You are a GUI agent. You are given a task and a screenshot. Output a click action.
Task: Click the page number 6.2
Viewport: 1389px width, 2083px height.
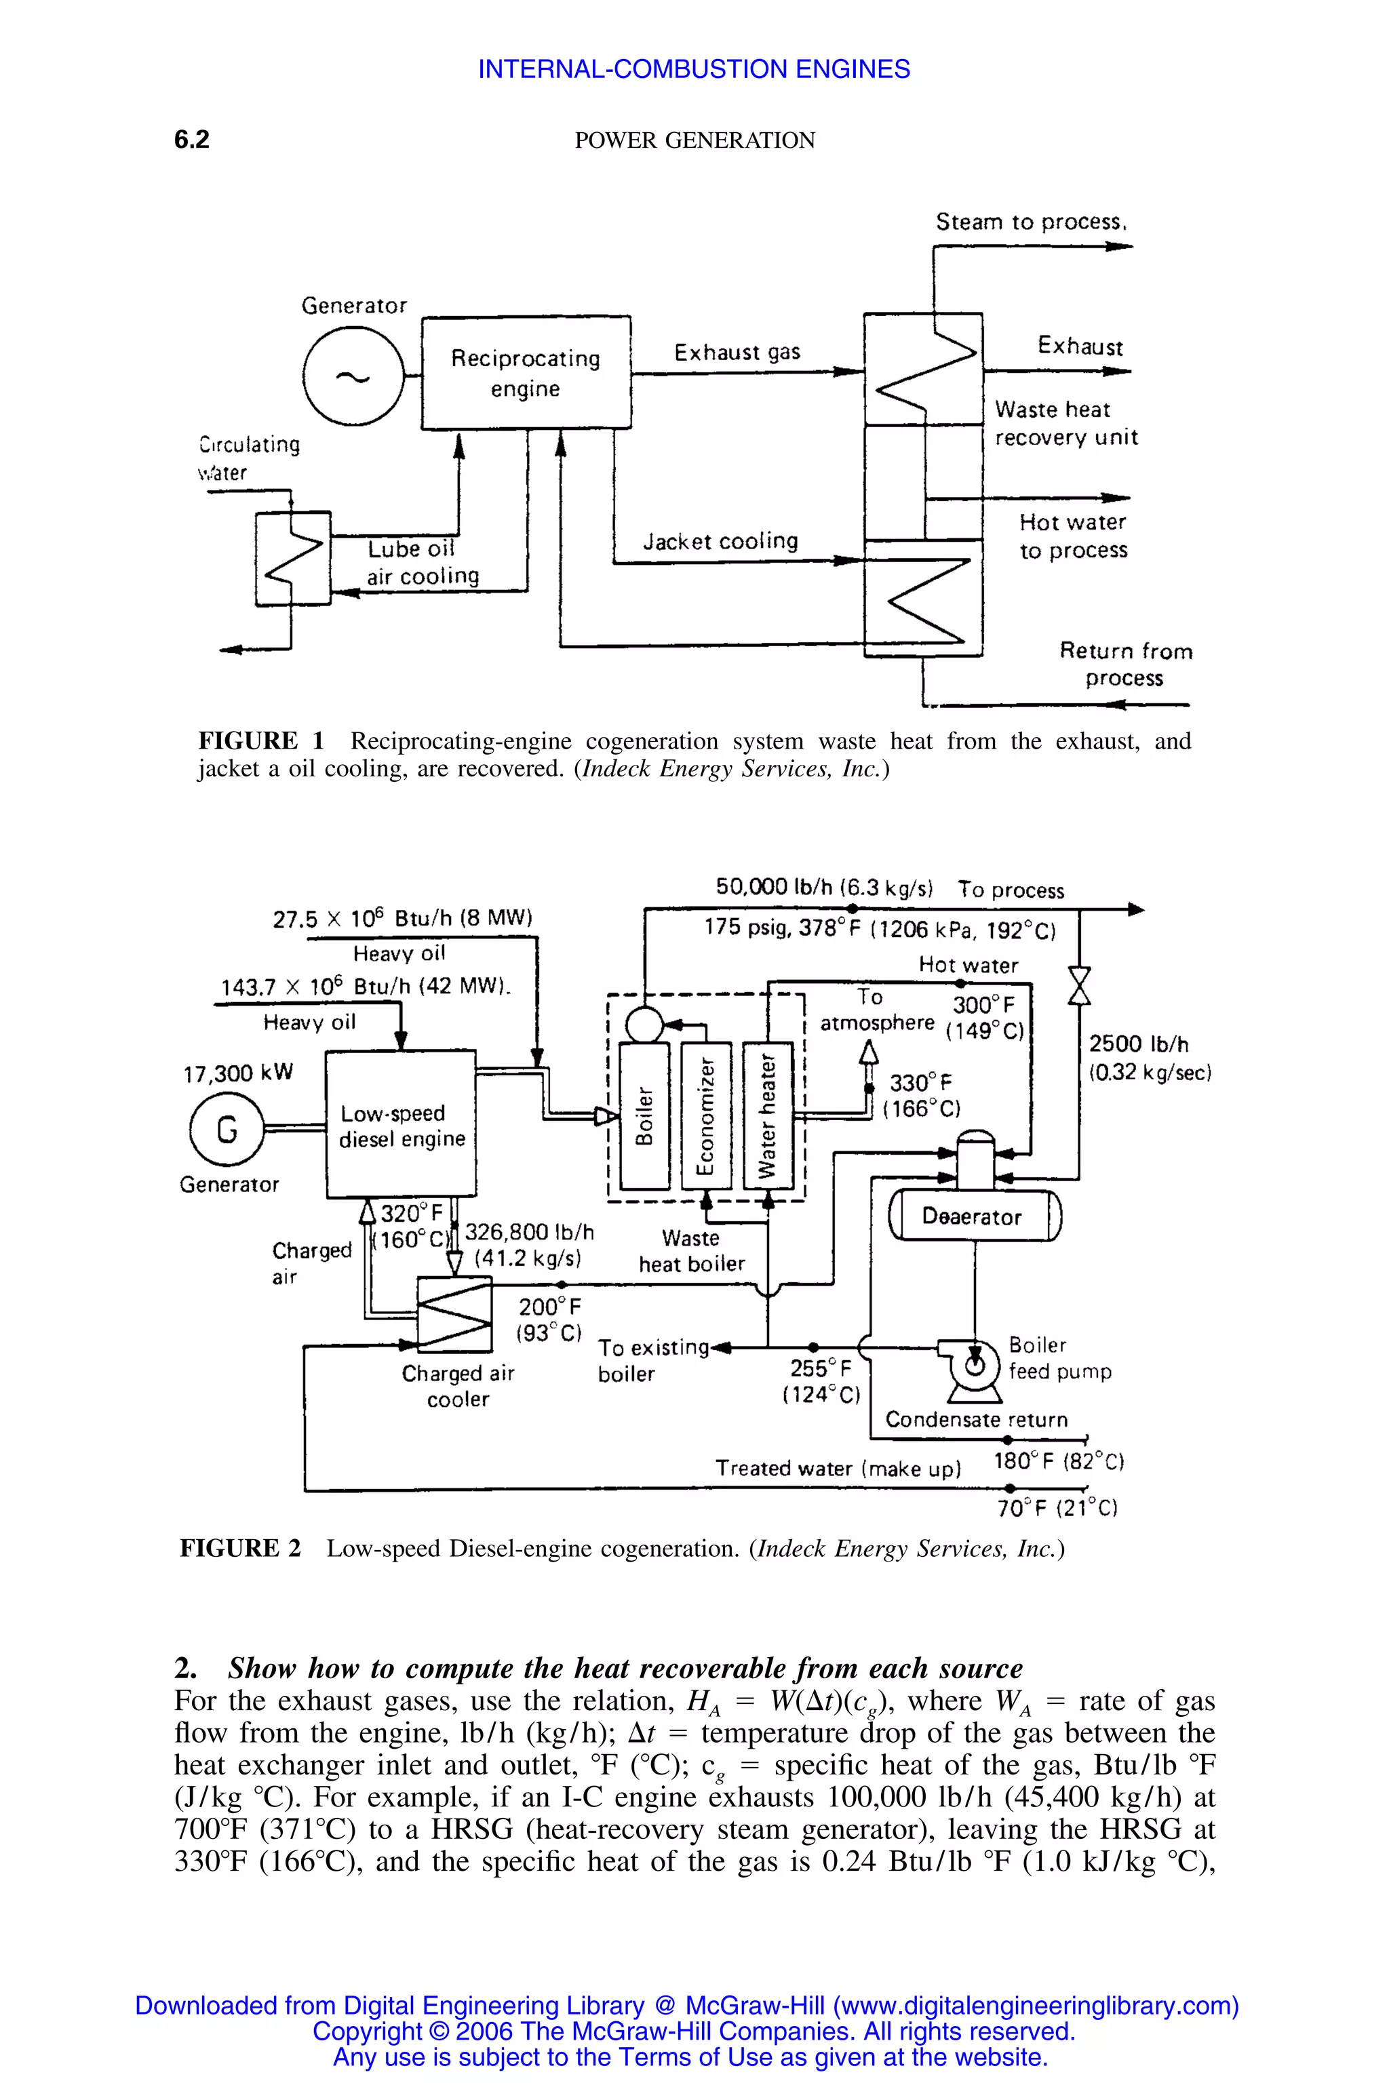[191, 140]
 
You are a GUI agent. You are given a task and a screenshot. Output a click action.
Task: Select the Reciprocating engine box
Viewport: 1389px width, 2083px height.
[526, 373]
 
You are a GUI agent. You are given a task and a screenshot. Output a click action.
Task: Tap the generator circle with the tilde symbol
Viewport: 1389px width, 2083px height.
[352, 376]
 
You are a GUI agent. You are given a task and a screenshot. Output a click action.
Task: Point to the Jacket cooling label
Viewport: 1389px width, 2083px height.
[720, 541]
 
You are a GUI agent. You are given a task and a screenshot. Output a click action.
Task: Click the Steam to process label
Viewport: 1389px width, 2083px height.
[1030, 222]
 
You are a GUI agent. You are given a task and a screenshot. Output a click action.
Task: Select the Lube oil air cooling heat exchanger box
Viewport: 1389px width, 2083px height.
[293, 559]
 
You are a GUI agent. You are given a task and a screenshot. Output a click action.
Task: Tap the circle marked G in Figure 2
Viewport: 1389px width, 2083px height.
[227, 1129]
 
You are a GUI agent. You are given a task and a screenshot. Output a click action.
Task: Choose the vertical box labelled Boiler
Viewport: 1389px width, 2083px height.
[644, 1115]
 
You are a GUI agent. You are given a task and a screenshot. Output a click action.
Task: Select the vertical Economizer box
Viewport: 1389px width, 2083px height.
[706, 1115]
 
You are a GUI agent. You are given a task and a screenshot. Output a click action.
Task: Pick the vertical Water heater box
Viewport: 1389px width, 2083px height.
[767, 1115]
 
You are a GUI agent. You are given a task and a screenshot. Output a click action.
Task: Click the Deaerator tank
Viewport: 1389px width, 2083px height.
[973, 1215]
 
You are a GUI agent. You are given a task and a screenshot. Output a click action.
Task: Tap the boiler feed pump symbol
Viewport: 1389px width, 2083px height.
[975, 1363]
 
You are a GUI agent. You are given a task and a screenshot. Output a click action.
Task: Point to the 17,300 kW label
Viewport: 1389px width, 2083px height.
[237, 1073]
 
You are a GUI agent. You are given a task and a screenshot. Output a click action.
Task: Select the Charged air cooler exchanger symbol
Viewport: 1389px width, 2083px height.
[454, 1314]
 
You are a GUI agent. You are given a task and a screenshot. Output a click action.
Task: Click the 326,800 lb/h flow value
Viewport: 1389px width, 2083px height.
[529, 1232]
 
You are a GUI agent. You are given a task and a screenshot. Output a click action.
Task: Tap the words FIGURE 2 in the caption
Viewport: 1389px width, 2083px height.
[240, 1548]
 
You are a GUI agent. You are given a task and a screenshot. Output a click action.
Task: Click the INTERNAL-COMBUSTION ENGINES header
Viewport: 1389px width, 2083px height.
[694, 69]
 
